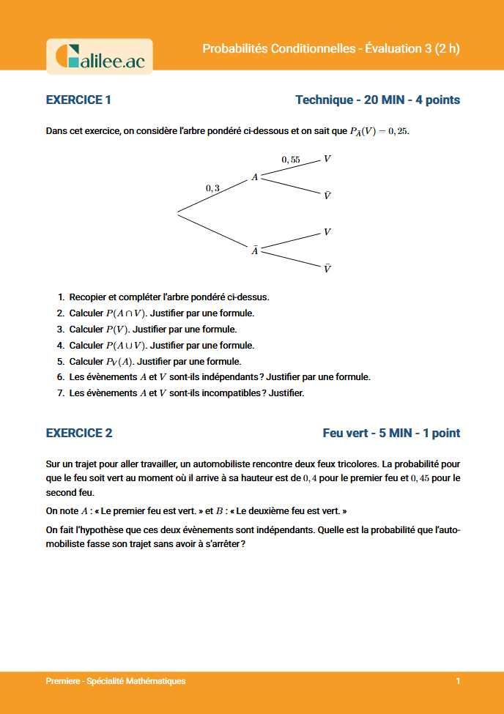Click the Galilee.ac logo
100,56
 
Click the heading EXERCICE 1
78,100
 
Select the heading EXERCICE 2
79,433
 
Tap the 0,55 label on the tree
291,159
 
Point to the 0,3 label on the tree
212,188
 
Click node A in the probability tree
254,177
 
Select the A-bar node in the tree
254,250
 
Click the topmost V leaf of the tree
327,158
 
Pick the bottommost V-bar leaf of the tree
327,269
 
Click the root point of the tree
178,213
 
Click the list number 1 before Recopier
61,297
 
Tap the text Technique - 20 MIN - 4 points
377,100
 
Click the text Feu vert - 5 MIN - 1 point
391,433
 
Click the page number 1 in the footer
457,681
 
